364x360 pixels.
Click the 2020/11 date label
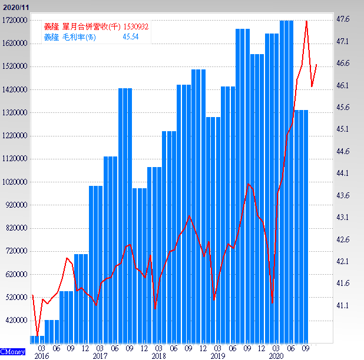(15, 6)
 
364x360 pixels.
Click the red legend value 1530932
(135, 27)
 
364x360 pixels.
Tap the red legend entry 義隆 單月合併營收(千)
(82, 27)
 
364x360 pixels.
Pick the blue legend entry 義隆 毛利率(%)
(70, 37)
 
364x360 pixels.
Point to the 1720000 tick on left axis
(16, 20)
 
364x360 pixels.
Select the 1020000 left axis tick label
(16, 182)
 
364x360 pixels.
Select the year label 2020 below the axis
(276, 356)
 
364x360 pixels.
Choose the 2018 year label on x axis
(158, 356)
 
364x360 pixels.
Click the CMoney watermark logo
(12, 352)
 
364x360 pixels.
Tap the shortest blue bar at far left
(37, 339)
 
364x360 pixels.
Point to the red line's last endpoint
(317, 65)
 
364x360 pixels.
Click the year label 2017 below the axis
(100, 356)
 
